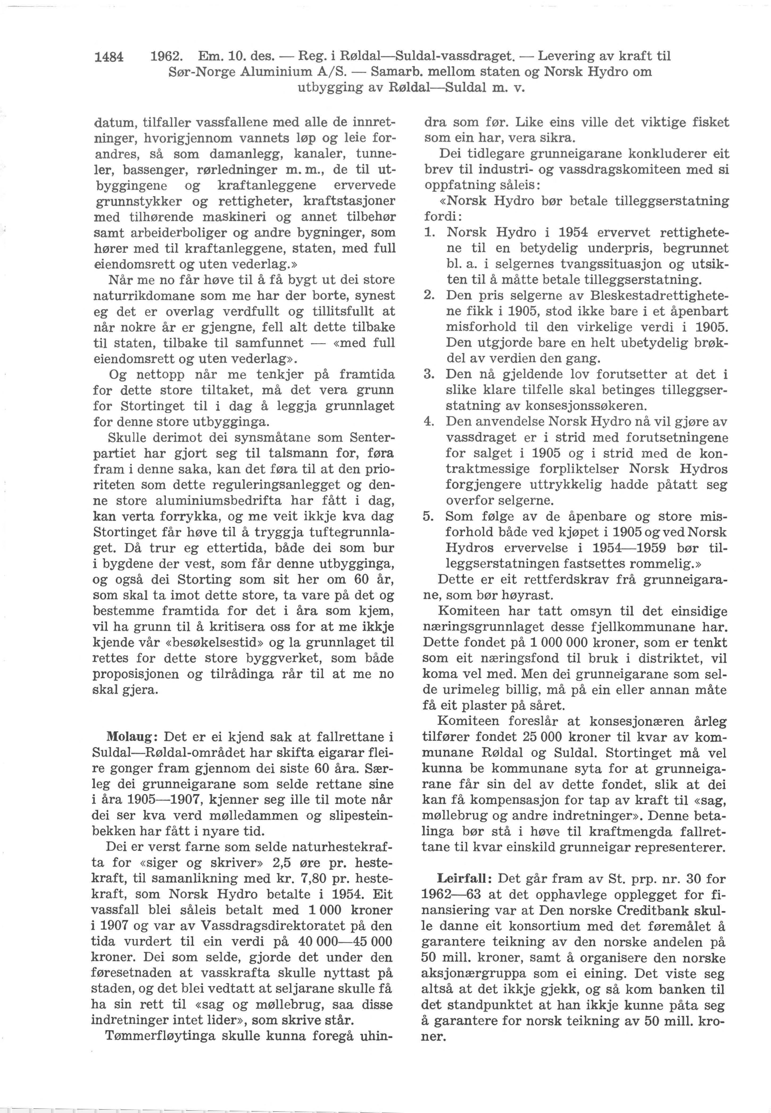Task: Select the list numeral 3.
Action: tap(428, 374)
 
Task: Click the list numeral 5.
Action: tap(428, 516)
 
